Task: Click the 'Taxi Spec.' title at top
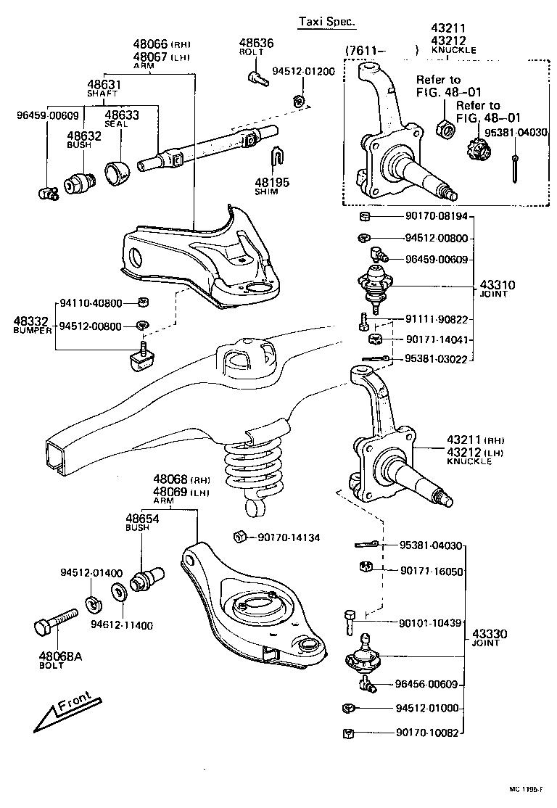pyautogui.click(x=327, y=22)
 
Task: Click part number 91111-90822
pyautogui.click(x=433, y=320)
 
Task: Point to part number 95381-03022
pyautogui.click(x=433, y=359)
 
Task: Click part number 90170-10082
pyautogui.click(x=428, y=733)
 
